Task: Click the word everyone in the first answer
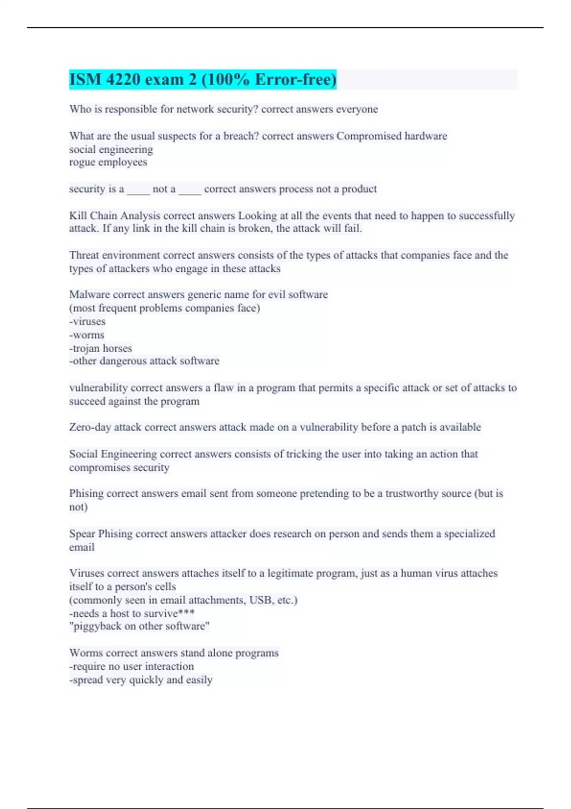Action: click(x=357, y=109)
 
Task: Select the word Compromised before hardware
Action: click(x=369, y=136)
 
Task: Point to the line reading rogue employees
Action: click(x=108, y=162)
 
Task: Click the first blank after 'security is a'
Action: click(x=138, y=189)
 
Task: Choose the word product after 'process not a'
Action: click(x=359, y=189)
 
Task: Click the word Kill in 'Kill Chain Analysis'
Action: click(x=78, y=216)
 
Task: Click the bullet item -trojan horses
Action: click(x=100, y=348)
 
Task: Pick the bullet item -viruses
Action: click(x=87, y=322)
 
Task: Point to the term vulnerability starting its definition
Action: click(x=98, y=388)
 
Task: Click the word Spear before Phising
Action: click(x=82, y=534)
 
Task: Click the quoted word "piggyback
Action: click(x=95, y=626)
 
